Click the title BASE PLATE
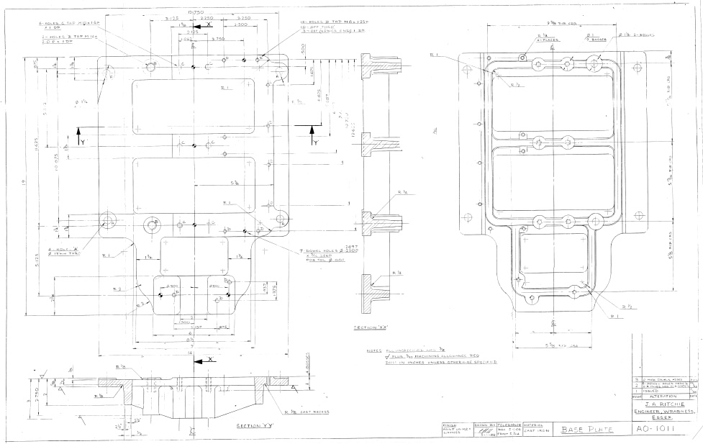[x=585, y=430]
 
